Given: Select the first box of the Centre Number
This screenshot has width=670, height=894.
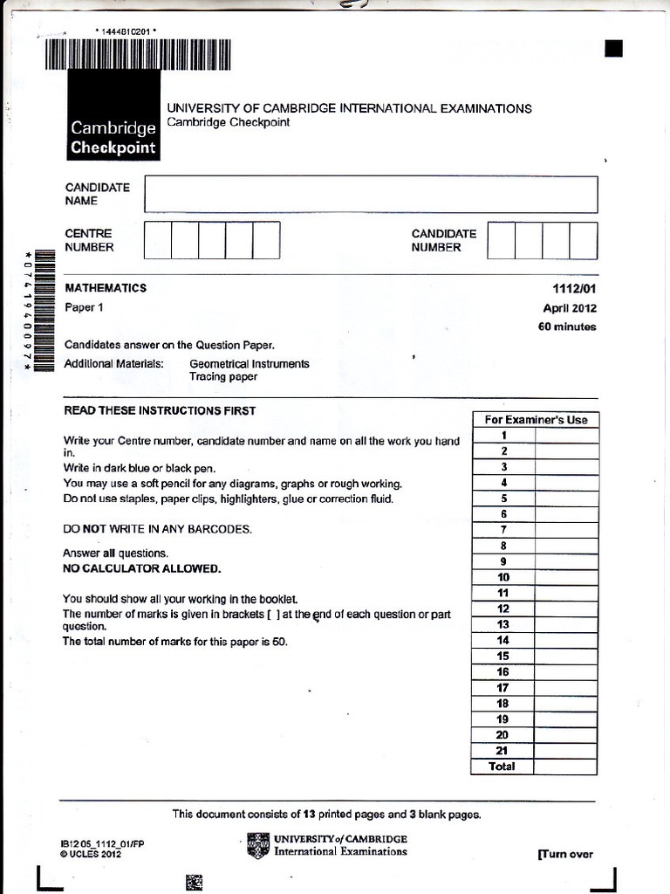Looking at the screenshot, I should point(157,240).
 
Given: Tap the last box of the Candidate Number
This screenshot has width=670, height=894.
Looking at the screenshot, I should point(584,240).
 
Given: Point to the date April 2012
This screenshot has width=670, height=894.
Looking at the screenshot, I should point(570,308).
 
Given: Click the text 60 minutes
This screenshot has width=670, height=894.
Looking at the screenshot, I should point(567,327).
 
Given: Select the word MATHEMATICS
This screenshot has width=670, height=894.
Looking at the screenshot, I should point(106,288).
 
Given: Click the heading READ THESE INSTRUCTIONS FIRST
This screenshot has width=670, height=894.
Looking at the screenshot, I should point(160,410).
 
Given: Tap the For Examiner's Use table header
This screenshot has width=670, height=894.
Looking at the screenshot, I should point(536,420).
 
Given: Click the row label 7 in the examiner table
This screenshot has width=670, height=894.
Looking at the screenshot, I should point(503,530).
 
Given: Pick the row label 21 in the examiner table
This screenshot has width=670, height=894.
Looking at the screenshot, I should point(502,751).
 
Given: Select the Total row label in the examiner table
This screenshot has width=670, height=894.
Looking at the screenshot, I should point(502,767).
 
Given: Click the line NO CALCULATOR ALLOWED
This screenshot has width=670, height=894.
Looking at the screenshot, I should point(141,568).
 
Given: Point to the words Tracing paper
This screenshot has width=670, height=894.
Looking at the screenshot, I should point(223,377).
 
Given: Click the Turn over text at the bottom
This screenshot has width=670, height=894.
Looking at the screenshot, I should point(565,855).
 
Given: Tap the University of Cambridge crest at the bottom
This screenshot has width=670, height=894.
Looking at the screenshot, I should point(258,846).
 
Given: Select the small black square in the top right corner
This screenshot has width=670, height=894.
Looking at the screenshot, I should point(614,49).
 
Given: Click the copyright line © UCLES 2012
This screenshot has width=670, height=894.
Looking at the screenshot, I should point(91,855).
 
